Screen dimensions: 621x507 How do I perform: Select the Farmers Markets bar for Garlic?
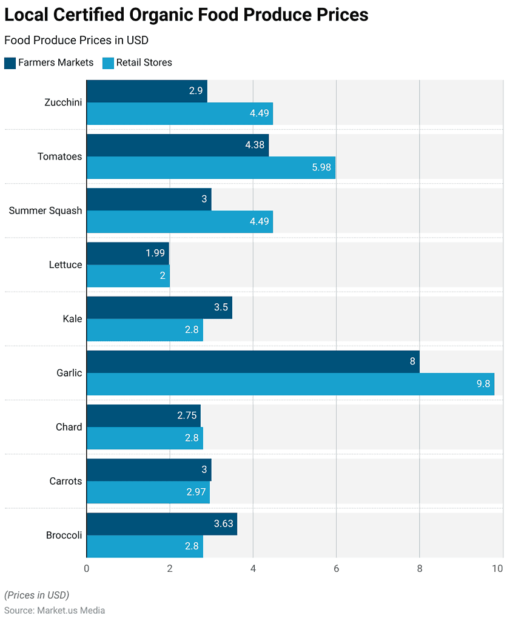tap(253, 361)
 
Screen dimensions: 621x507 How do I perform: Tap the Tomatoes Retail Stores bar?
tap(210, 167)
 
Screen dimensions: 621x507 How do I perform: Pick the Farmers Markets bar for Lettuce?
tap(127, 253)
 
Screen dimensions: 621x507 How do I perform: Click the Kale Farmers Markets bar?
tap(159, 307)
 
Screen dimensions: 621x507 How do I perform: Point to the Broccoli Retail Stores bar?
tap(144, 546)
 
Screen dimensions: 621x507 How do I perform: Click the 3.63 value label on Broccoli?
tap(224, 524)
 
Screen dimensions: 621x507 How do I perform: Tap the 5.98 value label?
tap(321, 167)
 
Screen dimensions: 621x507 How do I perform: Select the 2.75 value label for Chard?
tap(187, 416)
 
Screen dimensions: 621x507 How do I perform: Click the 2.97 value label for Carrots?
tap(197, 492)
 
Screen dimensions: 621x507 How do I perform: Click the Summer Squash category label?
tap(45, 211)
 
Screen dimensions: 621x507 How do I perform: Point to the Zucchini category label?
tap(63, 102)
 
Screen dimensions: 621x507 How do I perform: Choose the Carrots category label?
tap(65, 481)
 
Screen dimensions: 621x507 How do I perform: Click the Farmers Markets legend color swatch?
tap(10, 62)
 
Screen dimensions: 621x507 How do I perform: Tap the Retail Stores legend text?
tap(144, 62)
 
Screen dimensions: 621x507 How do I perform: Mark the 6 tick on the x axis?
tap(336, 569)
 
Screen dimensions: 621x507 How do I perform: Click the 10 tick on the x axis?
tap(497, 569)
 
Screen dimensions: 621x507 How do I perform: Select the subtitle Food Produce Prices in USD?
tap(76, 41)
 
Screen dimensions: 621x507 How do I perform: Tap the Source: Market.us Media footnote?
tap(55, 611)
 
